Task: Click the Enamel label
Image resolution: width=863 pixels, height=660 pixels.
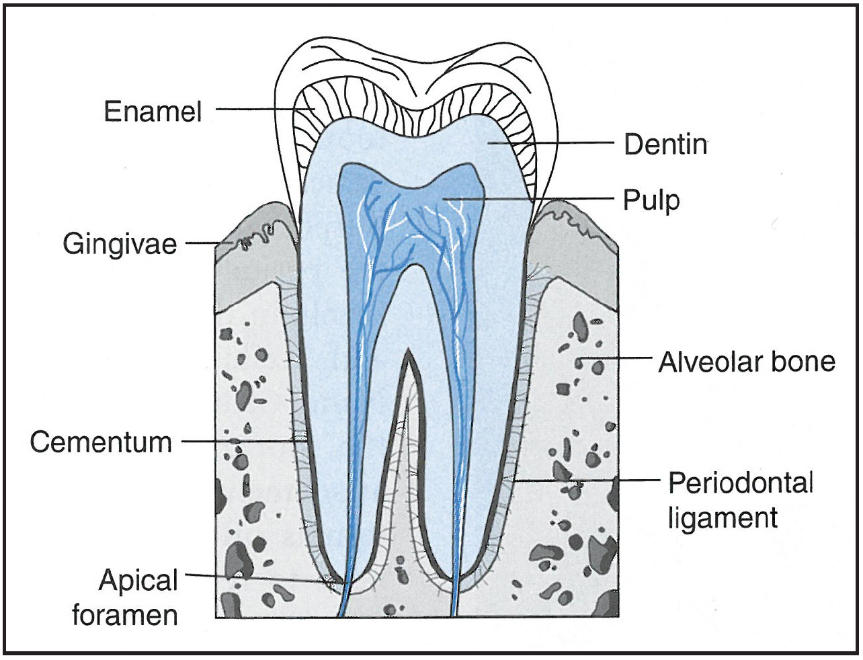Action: pos(153,111)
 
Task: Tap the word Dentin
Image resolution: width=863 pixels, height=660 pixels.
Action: pos(665,145)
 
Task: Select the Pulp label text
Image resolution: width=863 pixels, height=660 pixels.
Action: pos(651,200)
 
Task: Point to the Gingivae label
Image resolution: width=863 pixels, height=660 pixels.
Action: pos(120,243)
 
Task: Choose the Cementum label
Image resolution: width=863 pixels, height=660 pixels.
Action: pos(101,442)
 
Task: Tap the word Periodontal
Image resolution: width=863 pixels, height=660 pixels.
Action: pos(741,483)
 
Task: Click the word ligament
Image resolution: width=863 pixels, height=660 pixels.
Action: pos(723,518)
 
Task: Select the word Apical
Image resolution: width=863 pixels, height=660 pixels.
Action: pos(138,580)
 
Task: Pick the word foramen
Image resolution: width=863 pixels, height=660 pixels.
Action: pos(125,615)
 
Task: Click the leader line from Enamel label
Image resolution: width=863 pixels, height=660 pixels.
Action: pos(255,110)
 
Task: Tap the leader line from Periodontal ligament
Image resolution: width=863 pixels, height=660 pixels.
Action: pos(585,481)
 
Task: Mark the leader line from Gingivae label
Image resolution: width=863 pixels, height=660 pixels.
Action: pos(205,243)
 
